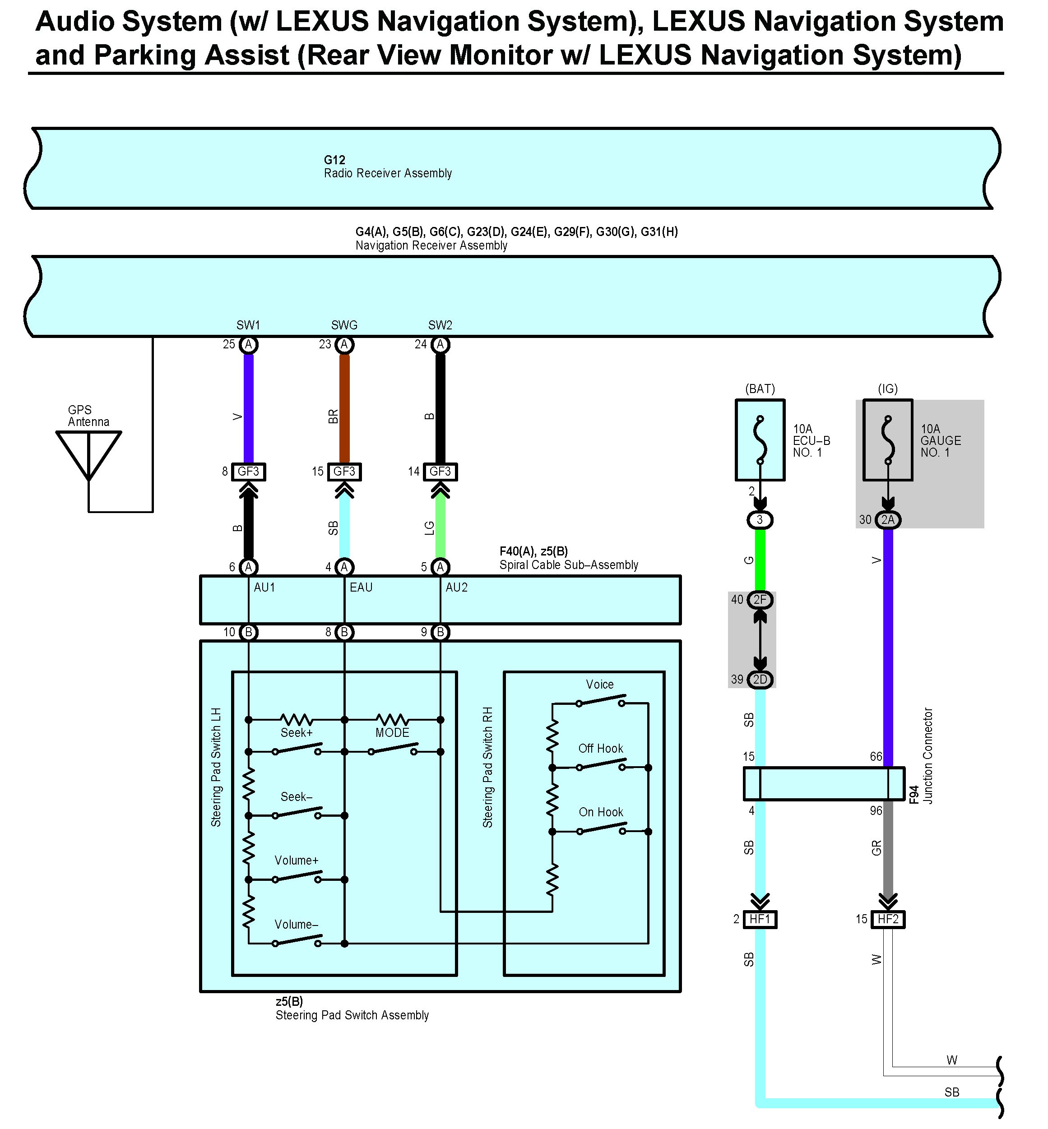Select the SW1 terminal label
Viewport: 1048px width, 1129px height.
[x=248, y=325]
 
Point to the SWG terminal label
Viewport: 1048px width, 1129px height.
[x=344, y=325]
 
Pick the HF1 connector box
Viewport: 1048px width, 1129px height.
[x=760, y=919]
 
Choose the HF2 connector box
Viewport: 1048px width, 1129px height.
[x=888, y=919]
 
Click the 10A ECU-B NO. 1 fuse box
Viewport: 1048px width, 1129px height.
[x=760, y=440]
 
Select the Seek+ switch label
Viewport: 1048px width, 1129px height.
[x=297, y=733]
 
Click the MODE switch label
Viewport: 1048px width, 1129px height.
[x=392, y=733]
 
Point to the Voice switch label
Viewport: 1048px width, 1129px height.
[x=599, y=685]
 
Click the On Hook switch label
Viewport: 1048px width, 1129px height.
[x=601, y=812]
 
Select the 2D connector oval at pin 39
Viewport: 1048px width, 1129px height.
[x=760, y=679]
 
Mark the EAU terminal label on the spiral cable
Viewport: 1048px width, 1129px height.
[x=361, y=588]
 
